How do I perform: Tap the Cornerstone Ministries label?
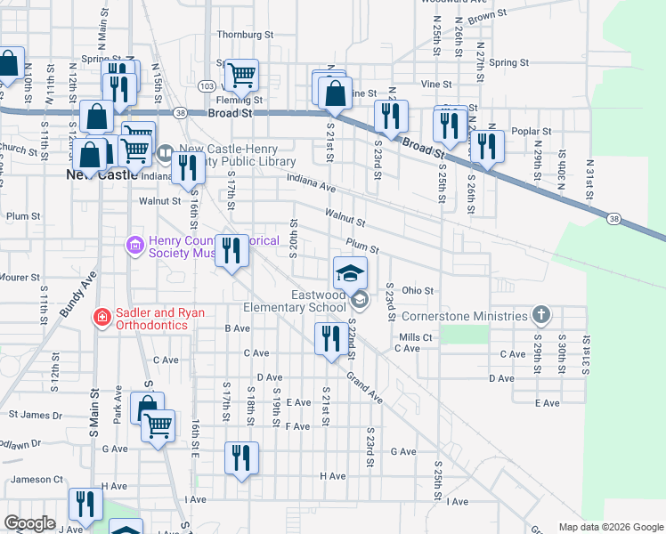click(x=464, y=316)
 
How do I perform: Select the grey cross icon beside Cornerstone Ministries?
click(x=540, y=314)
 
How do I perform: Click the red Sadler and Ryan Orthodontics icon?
click(x=102, y=316)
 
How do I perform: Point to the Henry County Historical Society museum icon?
click(x=135, y=244)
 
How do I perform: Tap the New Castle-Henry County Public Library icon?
click(x=166, y=154)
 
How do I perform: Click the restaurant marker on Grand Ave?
click(x=329, y=339)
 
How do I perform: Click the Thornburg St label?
click(x=245, y=35)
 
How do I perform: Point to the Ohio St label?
click(x=417, y=290)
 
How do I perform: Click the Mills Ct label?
click(x=415, y=337)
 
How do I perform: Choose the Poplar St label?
click(x=532, y=131)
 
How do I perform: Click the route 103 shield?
click(x=207, y=86)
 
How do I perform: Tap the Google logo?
click(x=30, y=523)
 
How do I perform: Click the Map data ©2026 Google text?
click(x=610, y=527)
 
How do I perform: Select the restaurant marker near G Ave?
click(x=240, y=458)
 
